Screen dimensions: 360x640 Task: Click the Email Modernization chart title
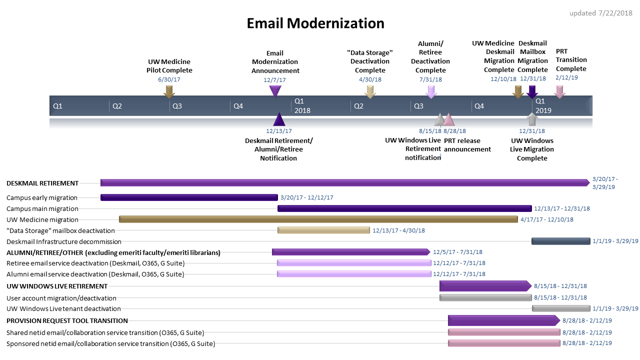[315, 23]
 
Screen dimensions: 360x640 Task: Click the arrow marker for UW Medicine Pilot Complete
[169, 91]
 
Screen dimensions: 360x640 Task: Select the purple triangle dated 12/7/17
[275, 91]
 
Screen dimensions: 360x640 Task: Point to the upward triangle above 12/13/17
[279, 119]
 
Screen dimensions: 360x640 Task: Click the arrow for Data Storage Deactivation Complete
[370, 91]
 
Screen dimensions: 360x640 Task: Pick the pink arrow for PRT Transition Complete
[559, 91]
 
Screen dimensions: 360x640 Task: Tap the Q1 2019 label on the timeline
[543, 105]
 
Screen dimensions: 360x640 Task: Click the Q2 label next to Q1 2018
[358, 106]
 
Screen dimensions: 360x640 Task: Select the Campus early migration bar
[189, 197]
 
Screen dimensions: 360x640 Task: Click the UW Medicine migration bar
[318, 219]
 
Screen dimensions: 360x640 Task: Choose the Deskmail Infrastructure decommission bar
[561, 241]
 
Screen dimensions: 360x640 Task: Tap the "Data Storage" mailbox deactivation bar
[323, 230]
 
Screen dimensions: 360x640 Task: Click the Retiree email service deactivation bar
[354, 263]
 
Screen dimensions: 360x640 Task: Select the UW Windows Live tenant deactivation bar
[561, 309]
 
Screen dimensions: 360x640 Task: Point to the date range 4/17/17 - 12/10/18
[546, 219]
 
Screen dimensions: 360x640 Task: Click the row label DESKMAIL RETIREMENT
[42, 183]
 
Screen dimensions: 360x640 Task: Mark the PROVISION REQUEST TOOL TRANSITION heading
[67, 320]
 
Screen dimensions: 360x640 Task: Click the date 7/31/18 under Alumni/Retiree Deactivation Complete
[430, 79]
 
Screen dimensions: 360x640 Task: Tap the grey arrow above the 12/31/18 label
[532, 119]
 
